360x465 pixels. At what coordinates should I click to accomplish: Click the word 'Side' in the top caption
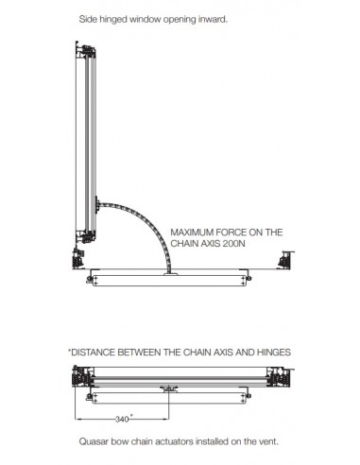tap(91, 19)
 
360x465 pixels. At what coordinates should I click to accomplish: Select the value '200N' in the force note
tap(237, 243)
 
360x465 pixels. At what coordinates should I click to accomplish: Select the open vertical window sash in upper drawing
tap(85, 142)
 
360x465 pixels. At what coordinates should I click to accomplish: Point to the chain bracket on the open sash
tap(99, 202)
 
